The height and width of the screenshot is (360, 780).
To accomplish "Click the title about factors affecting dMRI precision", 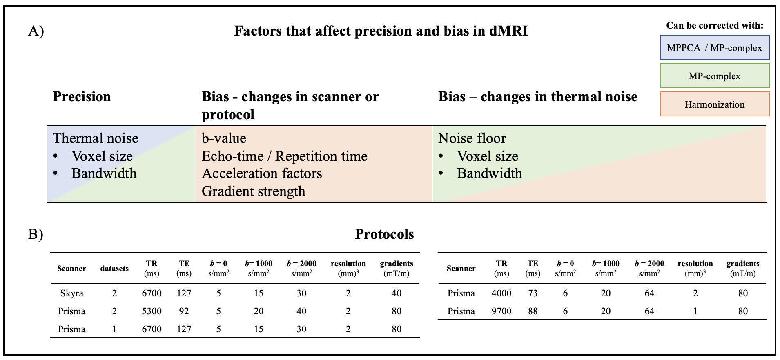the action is coord(381,31).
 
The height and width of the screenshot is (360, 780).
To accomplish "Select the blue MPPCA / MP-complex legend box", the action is coord(715,47).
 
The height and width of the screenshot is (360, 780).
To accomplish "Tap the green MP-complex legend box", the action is coord(715,76).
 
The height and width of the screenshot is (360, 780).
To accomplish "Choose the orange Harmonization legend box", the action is coord(715,104).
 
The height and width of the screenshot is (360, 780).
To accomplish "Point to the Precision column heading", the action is coord(82,97).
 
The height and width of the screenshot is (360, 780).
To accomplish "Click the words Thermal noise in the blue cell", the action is coord(96,138).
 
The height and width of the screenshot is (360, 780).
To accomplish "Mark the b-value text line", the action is coord(224,138).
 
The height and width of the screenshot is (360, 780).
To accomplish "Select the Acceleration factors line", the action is coord(262,173).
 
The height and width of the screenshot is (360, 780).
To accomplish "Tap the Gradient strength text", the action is coord(254,191).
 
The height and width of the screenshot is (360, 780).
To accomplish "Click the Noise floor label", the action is coord(472,138).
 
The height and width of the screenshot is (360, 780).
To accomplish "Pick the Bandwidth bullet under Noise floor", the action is coord(490,173).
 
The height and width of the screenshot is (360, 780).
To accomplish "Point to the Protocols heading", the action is coord(384,234).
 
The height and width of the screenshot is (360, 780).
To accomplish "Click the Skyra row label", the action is coord(71,293).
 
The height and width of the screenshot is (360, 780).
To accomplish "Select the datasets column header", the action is coord(114,268).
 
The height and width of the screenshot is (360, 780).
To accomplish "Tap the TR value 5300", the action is coord(152,311).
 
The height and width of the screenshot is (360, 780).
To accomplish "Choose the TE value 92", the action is coord(184,311).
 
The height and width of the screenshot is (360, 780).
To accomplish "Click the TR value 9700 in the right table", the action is coord(501,311).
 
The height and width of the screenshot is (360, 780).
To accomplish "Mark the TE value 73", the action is coord(533,293).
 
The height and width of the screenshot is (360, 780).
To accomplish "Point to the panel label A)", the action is coord(36,31).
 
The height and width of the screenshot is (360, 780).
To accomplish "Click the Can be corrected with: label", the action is coord(715,25).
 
